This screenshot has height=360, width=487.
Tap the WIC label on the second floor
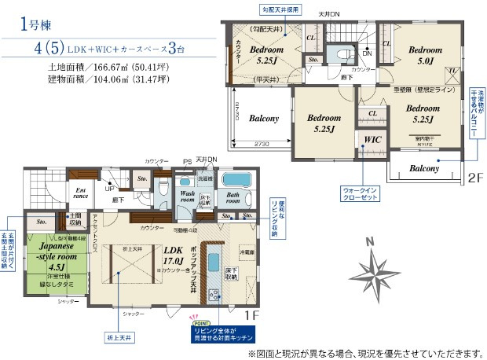click(x=372, y=140)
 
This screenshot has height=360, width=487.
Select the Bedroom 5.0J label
click(x=425, y=54)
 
